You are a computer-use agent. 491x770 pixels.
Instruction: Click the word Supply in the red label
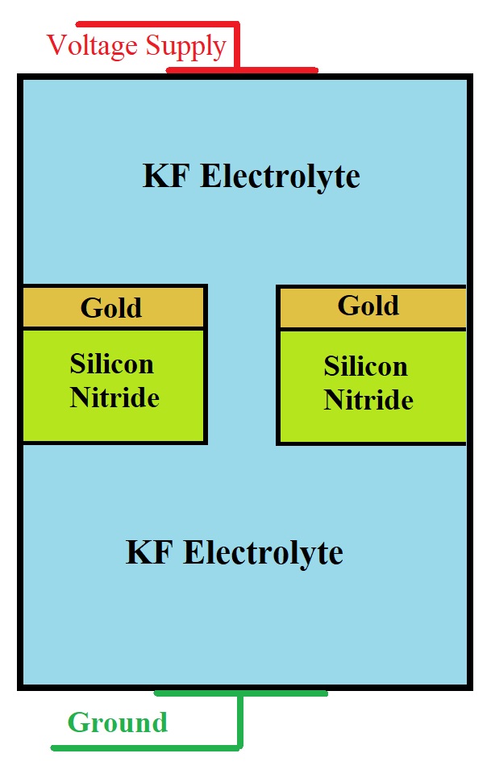(x=185, y=46)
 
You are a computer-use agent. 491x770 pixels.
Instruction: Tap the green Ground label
(x=118, y=722)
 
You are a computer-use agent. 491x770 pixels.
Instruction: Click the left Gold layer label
(x=111, y=307)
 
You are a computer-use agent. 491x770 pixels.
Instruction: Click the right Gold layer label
(x=368, y=306)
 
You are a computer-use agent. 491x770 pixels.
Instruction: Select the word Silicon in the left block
(x=111, y=364)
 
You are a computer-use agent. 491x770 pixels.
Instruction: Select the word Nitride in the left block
(x=114, y=397)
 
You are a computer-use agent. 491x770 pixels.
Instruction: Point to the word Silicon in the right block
(x=365, y=367)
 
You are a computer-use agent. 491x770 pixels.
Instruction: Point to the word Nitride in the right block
(x=368, y=401)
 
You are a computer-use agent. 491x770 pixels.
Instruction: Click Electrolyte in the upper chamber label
(x=280, y=176)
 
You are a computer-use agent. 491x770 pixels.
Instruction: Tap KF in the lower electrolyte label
(x=150, y=553)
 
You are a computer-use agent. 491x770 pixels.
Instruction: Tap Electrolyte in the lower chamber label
(x=263, y=553)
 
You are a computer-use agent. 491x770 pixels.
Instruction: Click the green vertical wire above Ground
(x=240, y=719)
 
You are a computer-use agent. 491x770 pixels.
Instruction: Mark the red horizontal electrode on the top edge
(x=242, y=70)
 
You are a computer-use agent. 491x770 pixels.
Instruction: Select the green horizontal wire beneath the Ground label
(x=145, y=747)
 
